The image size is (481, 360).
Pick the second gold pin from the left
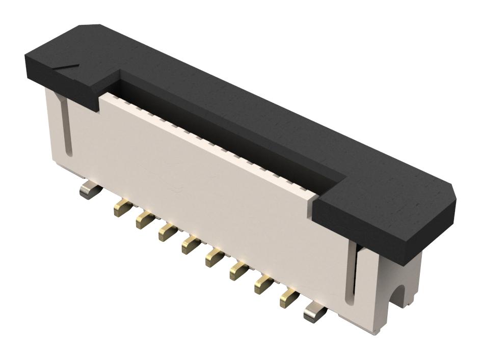tap(144, 220)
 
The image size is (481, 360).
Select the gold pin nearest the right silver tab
tap(288, 299)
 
